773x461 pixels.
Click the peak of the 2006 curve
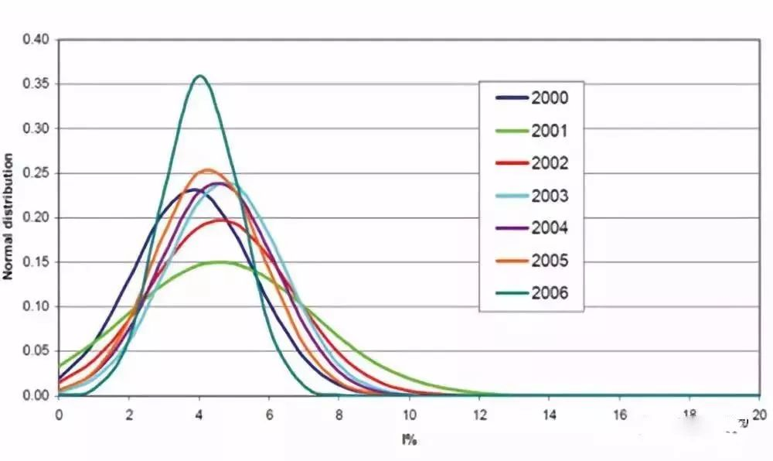[x=200, y=76]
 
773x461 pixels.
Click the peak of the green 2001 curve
[x=221, y=262]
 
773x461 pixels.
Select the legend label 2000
[x=549, y=98]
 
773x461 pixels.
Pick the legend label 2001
[x=549, y=131]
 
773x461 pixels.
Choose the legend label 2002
[x=549, y=163]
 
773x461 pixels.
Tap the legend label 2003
[x=549, y=196]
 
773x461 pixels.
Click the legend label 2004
[x=549, y=228]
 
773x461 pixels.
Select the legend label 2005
[x=549, y=261]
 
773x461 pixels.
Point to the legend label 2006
[x=549, y=293]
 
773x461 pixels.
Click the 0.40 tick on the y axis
[x=37, y=39]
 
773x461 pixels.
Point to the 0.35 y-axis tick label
[x=37, y=84]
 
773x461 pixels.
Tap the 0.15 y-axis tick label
[x=37, y=262]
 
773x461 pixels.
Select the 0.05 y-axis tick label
[x=37, y=351]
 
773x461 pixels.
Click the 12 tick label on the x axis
[x=479, y=413]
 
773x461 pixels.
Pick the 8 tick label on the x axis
[x=339, y=413]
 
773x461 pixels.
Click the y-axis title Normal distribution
[x=10, y=217]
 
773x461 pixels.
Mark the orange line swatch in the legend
[x=511, y=261]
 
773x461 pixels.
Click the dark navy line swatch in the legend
[x=511, y=98]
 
